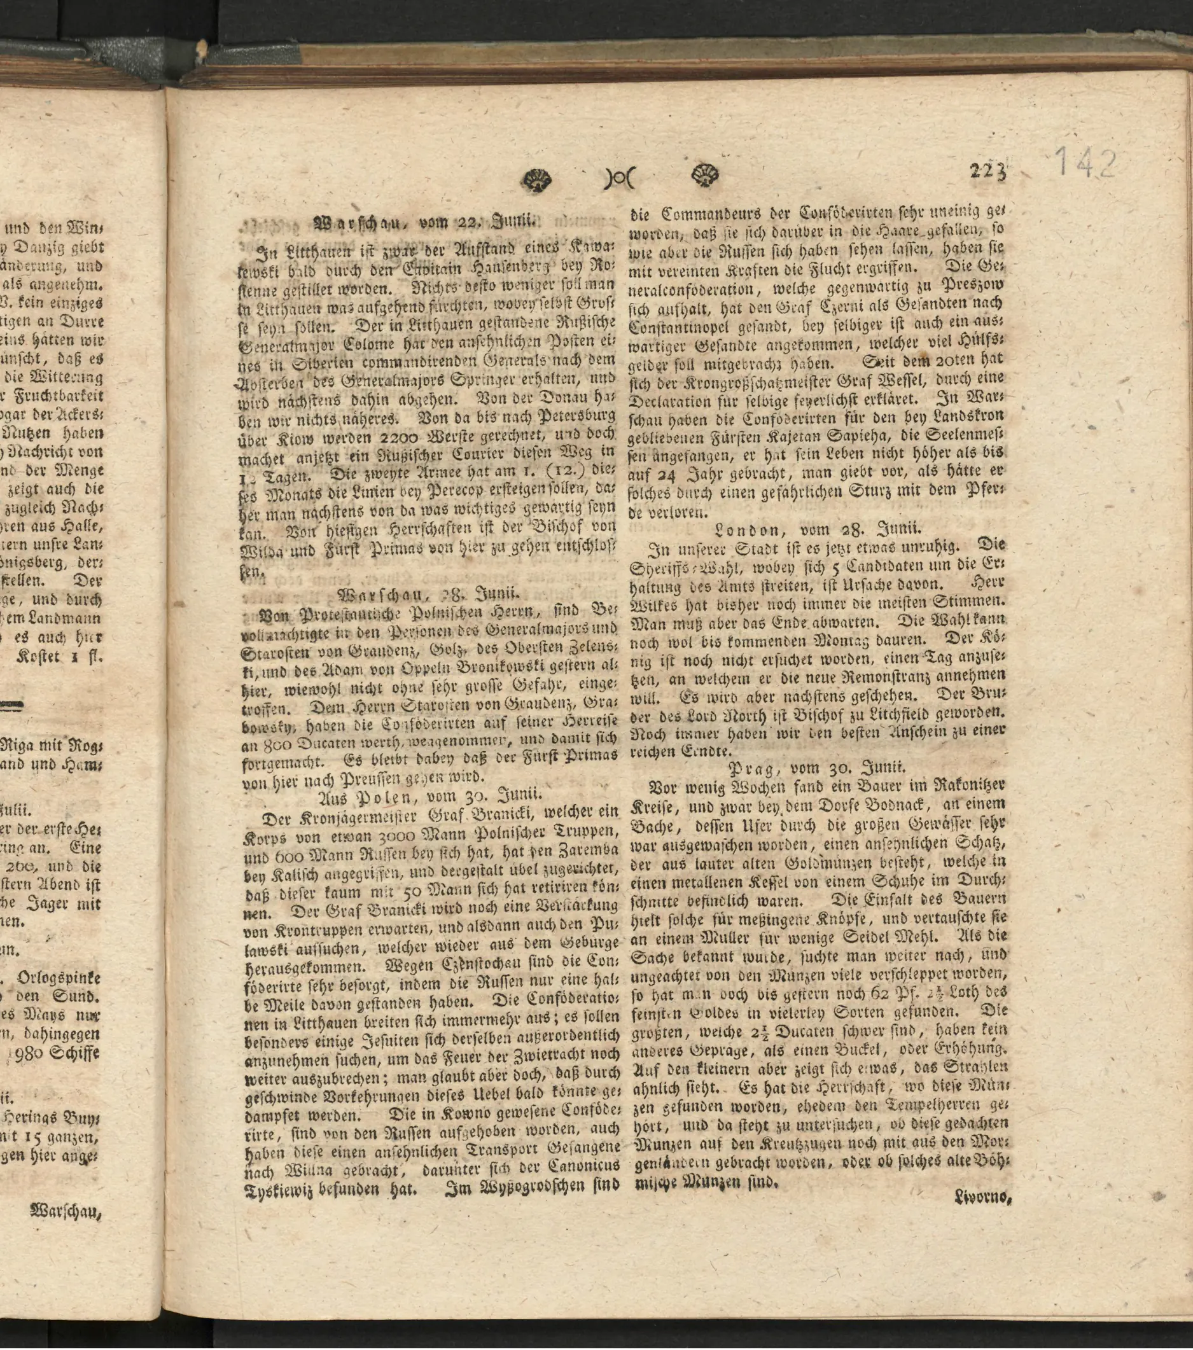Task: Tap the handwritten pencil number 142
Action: click(1085, 163)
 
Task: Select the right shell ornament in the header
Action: click(705, 176)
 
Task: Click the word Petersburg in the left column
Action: click(580, 418)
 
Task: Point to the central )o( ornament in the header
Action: click(618, 177)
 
